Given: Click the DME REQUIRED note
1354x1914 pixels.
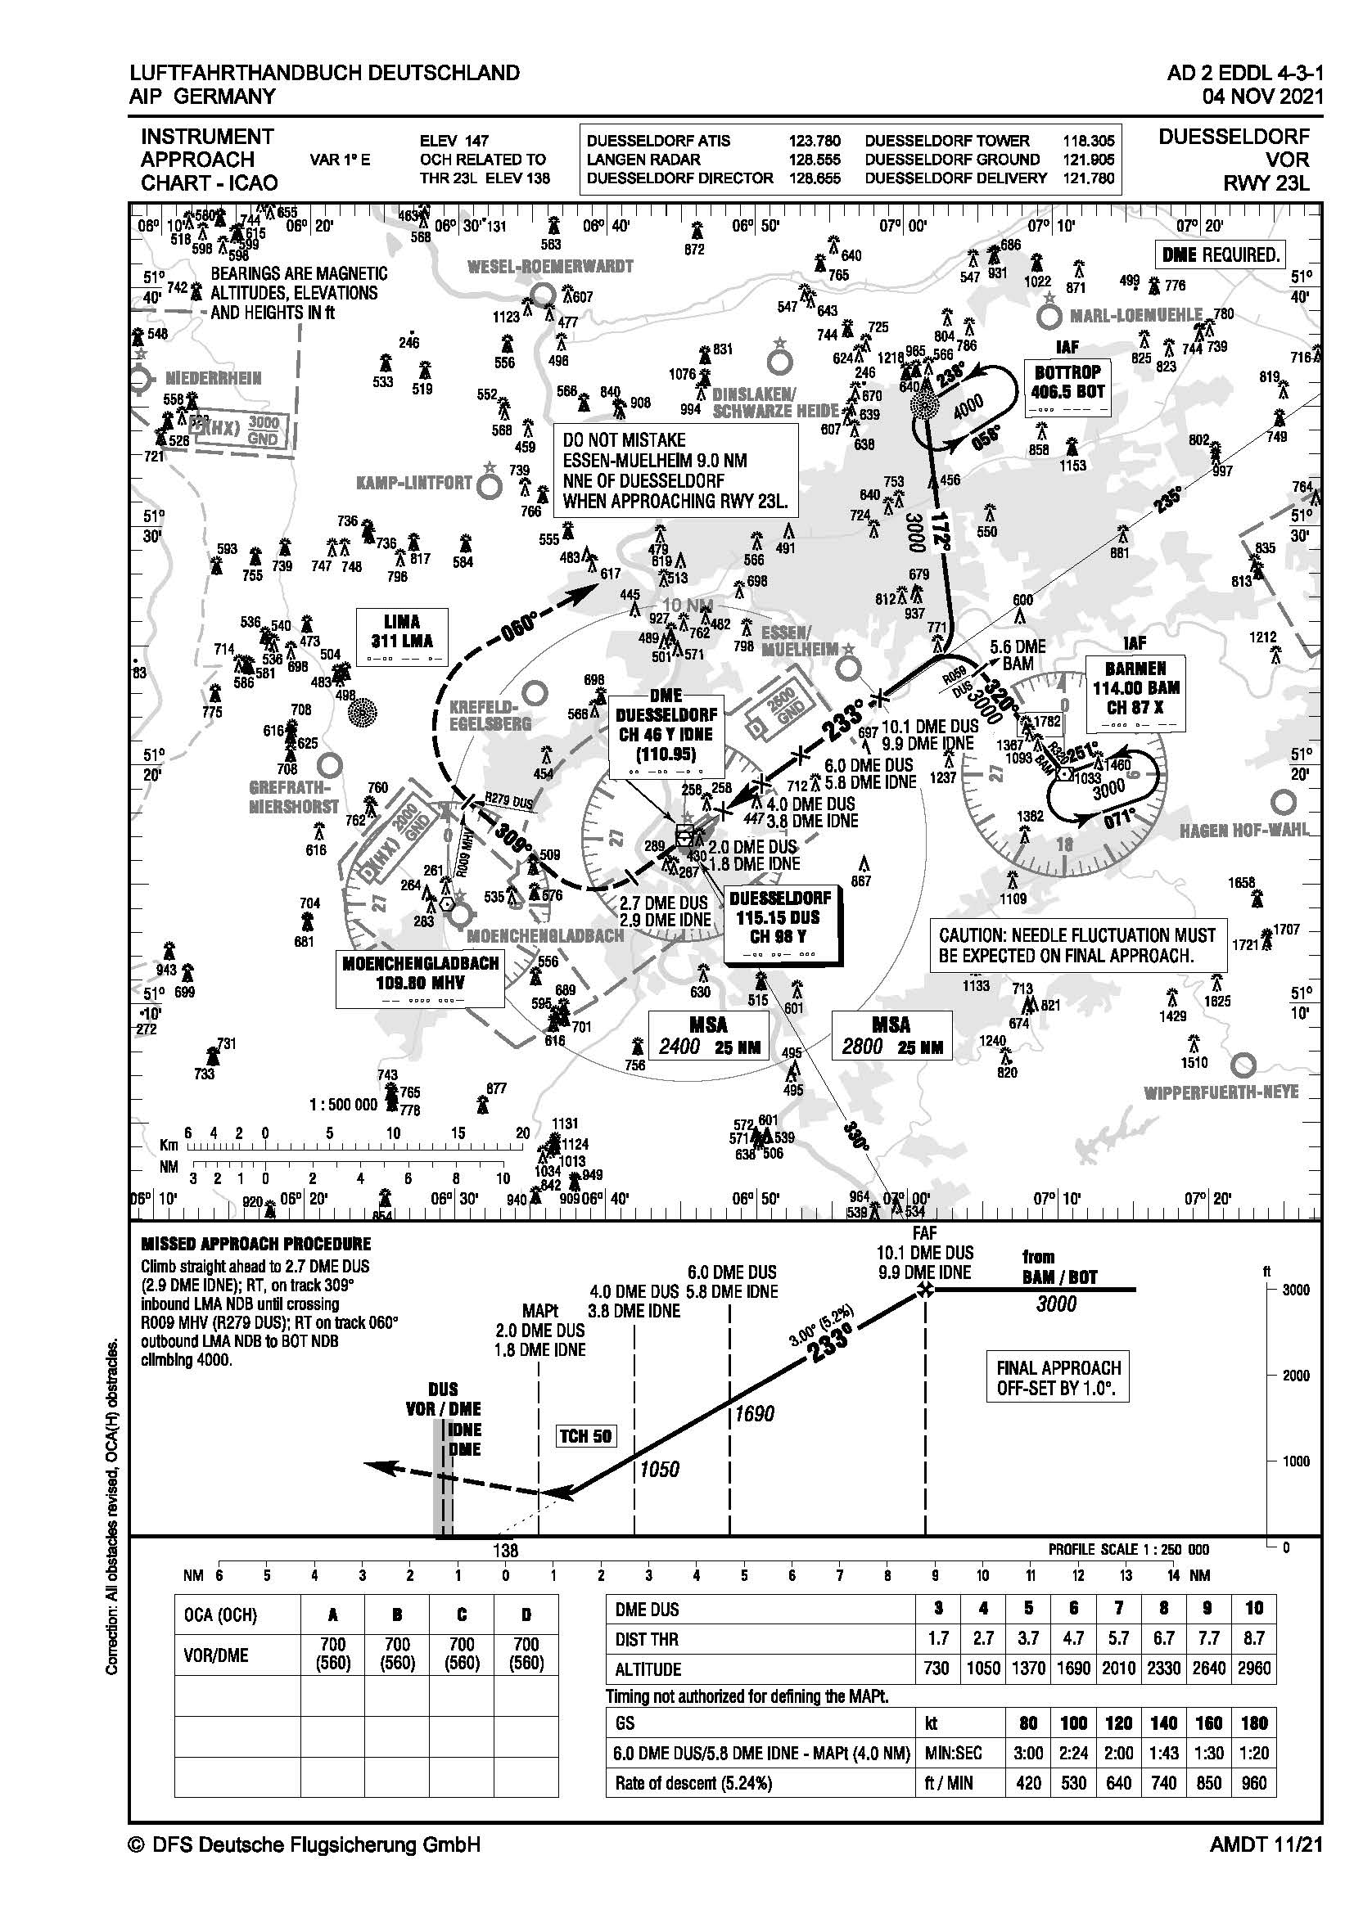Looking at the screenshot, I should (x=1220, y=255).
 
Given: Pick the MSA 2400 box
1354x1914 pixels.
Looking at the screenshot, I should (x=708, y=1035).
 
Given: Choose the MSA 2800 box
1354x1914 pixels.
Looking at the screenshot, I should (x=891, y=1035).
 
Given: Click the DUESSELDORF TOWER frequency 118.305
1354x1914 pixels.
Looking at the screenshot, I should (x=1088, y=141).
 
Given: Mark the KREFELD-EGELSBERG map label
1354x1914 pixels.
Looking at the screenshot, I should (x=490, y=715).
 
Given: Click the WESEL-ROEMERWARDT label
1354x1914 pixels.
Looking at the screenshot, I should (x=549, y=267).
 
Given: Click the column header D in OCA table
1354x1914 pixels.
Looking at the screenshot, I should (x=526, y=1615).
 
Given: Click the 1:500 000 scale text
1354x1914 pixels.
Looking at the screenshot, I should (x=343, y=1105).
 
